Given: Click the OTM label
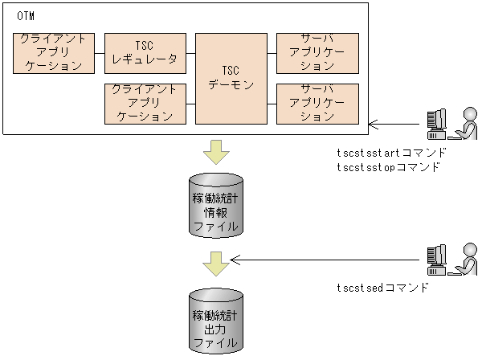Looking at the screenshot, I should click(x=26, y=16).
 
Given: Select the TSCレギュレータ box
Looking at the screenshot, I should click(x=145, y=54).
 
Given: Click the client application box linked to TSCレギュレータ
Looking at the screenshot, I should click(x=55, y=54).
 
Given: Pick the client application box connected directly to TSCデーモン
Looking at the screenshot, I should click(x=145, y=104).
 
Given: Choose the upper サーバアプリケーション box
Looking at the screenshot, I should click(x=317, y=54).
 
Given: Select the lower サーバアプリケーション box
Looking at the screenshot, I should click(x=317, y=104).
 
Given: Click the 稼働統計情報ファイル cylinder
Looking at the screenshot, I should click(x=215, y=206).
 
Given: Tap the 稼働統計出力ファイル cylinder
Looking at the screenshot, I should click(x=215, y=321).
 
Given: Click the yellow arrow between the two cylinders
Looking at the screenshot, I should click(x=215, y=261).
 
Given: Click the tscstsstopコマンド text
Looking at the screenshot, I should click(x=389, y=167).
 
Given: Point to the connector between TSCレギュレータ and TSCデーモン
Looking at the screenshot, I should click(x=191, y=54).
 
